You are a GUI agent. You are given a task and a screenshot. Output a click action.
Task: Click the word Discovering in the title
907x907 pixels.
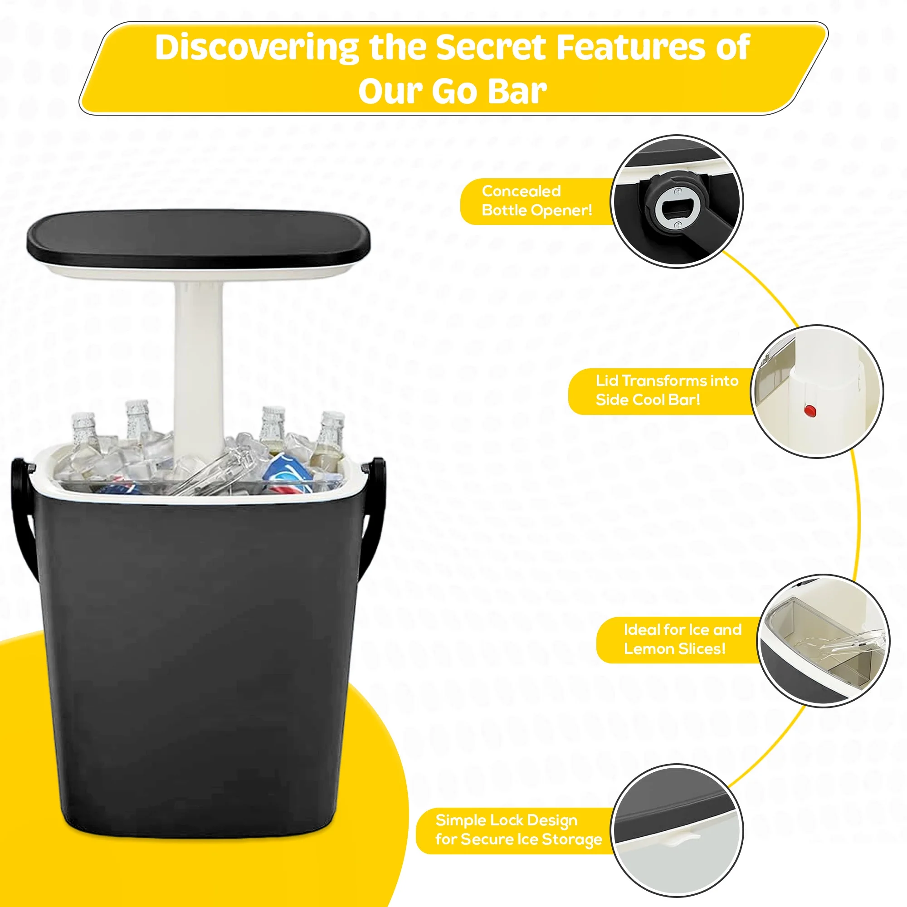pyautogui.click(x=256, y=48)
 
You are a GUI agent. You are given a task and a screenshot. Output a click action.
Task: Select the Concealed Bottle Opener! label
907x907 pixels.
pyautogui.click(x=536, y=201)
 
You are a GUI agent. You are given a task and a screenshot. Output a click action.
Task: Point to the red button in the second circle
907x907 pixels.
pyautogui.click(x=810, y=411)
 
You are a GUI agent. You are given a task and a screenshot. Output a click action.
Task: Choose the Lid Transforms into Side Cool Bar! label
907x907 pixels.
pyautogui.click(x=666, y=390)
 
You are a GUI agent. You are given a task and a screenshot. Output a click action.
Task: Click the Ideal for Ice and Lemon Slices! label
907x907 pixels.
pyautogui.click(x=682, y=639)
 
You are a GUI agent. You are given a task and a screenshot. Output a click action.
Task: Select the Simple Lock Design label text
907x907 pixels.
pyautogui.click(x=506, y=820)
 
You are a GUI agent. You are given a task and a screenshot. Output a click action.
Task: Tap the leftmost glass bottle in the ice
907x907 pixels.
pyautogui.click(x=84, y=437)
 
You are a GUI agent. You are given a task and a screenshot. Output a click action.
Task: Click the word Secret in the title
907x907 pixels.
pyautogui.click(x=490, y=48)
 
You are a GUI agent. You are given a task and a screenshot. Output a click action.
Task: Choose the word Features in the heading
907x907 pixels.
pyautogui.click(x=629, y=48)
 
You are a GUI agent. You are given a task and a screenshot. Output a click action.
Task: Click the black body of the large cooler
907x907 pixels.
pyautogui.click(x=197, y=657)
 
